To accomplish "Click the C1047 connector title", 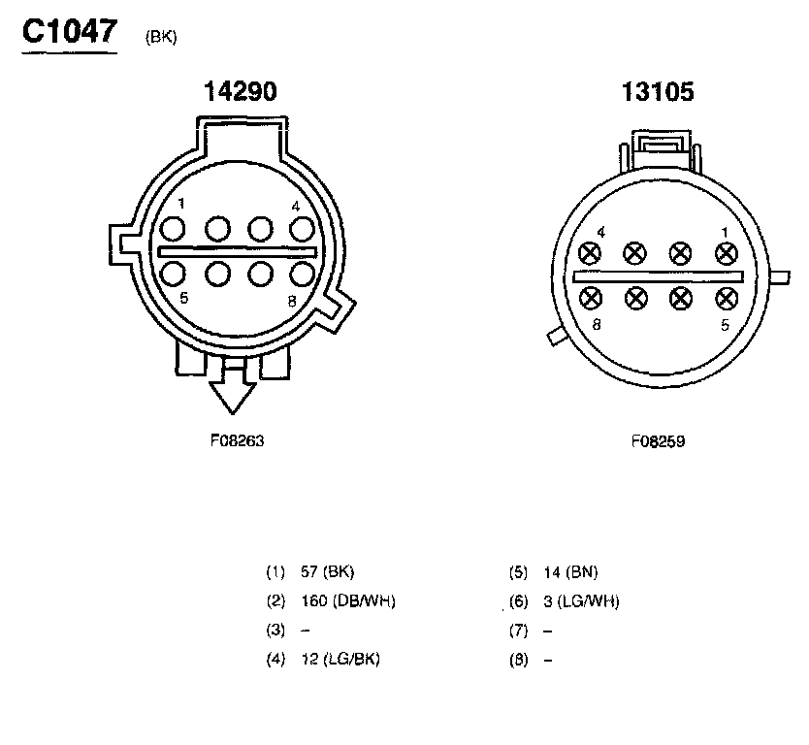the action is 70,31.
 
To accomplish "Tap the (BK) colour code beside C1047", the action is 161,37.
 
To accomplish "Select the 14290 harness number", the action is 241,91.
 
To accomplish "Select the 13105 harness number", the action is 658,92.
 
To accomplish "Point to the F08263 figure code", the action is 238,440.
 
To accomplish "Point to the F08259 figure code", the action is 659,441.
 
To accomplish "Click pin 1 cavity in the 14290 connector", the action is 173,229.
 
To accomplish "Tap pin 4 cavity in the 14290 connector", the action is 302,229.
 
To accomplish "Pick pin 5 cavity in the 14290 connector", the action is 173,274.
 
